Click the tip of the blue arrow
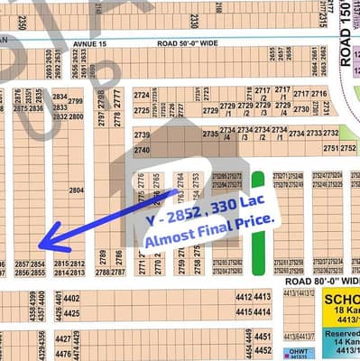41,245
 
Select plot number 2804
77,190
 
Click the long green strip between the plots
260,223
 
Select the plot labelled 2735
210,134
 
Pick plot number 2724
142,95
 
